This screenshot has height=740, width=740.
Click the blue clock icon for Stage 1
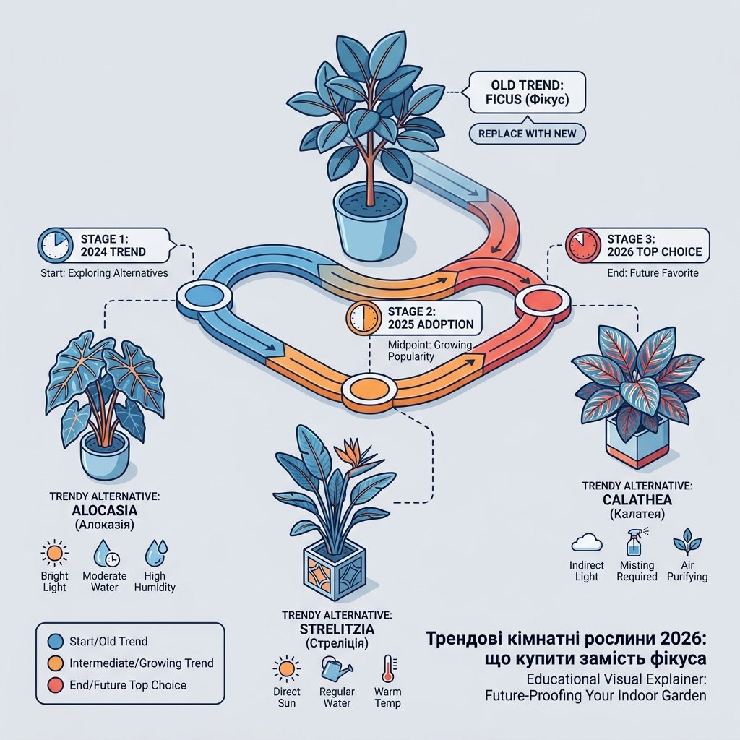pos(55,246)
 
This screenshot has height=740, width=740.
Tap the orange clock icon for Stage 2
pos(363,318)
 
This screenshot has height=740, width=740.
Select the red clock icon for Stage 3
pos(583,245)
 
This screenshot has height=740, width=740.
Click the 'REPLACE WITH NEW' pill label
pos(527,134)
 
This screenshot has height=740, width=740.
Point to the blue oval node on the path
pos(205,296)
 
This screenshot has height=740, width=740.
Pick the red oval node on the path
pos(543,301)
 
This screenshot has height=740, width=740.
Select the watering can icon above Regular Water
pos(336,668)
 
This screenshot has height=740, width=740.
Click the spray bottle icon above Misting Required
pos(635,542)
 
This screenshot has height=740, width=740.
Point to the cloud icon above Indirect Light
pos(587,543)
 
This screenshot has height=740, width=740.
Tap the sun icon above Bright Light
pos(55,552)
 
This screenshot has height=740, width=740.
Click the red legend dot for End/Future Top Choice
pos(56,685)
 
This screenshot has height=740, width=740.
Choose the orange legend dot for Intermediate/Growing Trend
pos(56,663)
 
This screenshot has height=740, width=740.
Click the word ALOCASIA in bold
pos(105,510)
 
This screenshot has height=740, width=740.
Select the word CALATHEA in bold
pos(637,500)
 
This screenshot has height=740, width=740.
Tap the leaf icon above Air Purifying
pos(687,541)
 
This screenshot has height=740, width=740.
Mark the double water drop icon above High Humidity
pos(156,553)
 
